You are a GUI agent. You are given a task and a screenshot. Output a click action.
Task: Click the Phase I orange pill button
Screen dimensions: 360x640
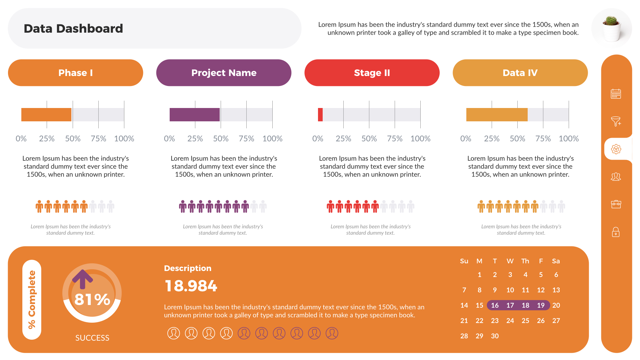coord(75,73)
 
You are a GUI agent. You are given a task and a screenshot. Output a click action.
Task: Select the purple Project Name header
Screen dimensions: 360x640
coord(224,73)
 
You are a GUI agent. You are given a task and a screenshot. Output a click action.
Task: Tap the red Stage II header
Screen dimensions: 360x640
coord(372,73)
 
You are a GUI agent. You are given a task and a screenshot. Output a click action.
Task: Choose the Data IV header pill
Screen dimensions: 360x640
coord(520,73)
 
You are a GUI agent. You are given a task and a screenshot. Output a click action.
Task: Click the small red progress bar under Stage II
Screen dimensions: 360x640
coord(320,115)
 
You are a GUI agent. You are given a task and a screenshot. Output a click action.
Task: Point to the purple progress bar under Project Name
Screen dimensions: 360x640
coord(194,115)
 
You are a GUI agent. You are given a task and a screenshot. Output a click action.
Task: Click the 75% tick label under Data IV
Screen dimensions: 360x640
coord(543,139)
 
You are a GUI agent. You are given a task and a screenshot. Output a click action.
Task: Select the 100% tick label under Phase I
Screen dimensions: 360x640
coord(124,139)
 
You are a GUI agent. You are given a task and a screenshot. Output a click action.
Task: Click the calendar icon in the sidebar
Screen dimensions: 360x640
coord(616,94)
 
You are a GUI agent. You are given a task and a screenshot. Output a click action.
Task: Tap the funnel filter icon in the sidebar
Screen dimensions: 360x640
coord(616,121)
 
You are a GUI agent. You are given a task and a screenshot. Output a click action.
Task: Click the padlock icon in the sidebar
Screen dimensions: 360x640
coord(616,232)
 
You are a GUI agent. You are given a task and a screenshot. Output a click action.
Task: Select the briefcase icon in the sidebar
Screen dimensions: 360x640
coord(616,204)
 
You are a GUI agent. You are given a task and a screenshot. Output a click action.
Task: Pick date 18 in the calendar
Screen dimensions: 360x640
coord(525,305)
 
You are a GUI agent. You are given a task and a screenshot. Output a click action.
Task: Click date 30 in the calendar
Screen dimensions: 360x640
coord(495,336)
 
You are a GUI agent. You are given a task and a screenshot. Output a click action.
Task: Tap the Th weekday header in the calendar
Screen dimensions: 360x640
coord(525,261)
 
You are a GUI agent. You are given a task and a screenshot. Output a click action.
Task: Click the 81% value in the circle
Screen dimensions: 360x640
coord(92,299)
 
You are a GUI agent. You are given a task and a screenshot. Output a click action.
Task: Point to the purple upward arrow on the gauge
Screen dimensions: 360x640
coord(82,279)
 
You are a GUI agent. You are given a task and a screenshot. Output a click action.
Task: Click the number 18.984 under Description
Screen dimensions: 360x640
coord(191,286)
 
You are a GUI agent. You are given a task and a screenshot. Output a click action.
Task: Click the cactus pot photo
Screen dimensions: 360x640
coord(612,28)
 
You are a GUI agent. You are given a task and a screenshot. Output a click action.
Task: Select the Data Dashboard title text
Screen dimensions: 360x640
coord(73,29)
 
